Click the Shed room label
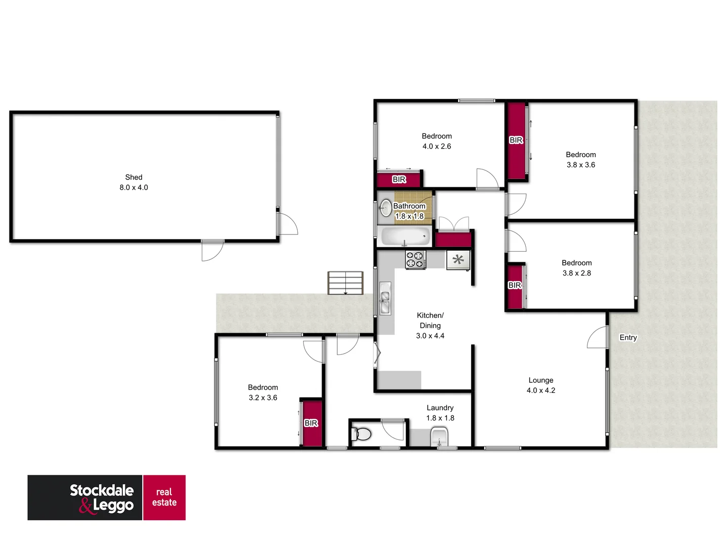coord(133,177)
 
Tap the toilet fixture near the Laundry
coord(362,434)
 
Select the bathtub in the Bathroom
coord(405,236)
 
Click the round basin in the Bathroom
coord(386,207)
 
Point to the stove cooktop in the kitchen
coord(415,260)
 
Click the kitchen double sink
coord(385,299)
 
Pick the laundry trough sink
coord(439,436)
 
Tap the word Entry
coord(628,337)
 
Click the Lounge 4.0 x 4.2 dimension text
coord(540,390)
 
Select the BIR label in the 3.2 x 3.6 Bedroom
coord(311,423)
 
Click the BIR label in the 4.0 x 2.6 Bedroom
coord(399,179)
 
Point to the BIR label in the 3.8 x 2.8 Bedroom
coord(515,285)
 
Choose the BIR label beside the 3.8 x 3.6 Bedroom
coord(516,140)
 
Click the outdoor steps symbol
coord(345,283)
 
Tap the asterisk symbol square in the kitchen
coord(458,260)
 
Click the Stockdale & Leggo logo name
coord(102,497)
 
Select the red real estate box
coord(164,497)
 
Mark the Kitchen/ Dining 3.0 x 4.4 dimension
coord(430,336)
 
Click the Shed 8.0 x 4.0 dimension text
coord(133,187)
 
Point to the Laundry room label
coord(440,407)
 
